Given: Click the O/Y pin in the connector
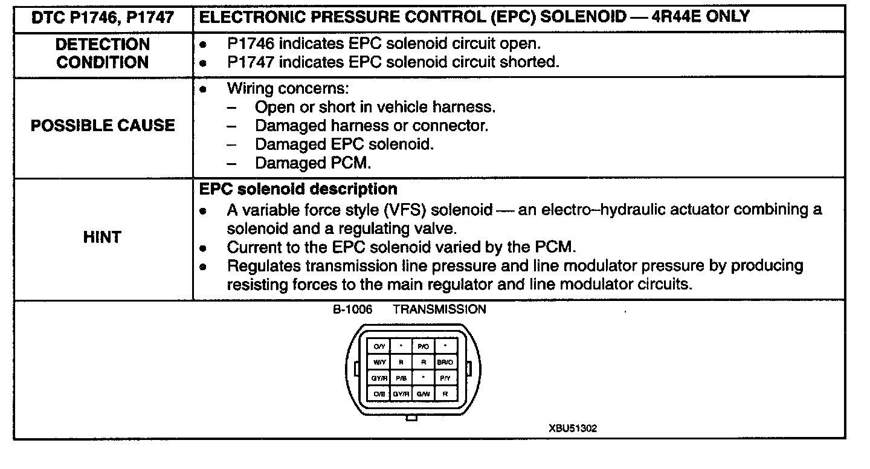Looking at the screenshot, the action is (x=379, y=347).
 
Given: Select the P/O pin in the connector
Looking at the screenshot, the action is (x=422, y=347).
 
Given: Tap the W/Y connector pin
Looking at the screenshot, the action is (x=379, y=363).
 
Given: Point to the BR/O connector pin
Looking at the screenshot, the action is (x=445, y=363).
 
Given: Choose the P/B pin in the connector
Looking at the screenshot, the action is (x=401, y=378).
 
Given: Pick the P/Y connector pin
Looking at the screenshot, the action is (x=445, y=378).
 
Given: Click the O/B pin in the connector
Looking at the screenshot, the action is (x=379, y=393).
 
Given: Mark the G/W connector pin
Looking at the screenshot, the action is (x=422, y=393).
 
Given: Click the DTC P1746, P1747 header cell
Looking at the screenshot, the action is (x=102, y=18).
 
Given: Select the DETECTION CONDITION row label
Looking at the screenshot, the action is (x=102, y=53).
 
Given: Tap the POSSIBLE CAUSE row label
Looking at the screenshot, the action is (x=102, y=126).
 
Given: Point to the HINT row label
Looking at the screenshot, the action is (x=102, y=238).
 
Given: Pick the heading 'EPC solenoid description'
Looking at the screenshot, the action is (x=298, y=189).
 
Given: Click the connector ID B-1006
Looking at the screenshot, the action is (x=352, y=310).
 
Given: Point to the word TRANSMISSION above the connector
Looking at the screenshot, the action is (x=439, y=310).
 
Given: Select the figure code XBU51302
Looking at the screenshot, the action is (x=573, y=429).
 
